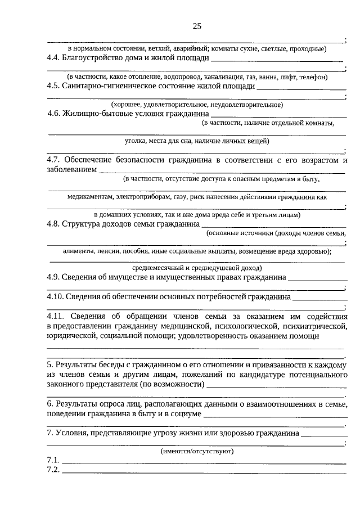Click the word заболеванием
[71, 169]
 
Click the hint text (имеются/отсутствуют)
[196, 451]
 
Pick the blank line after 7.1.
[204, 462]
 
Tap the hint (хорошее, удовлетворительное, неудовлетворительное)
[196, 104]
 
